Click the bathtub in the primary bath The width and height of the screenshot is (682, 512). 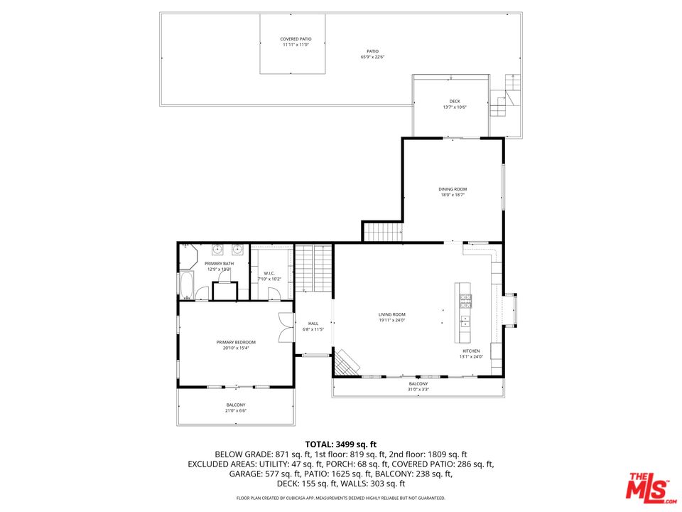click(187, 286)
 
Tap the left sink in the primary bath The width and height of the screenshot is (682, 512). click(218, 250)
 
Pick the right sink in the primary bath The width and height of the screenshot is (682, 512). click(237, 250)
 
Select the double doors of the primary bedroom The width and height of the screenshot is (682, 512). click(286, 328)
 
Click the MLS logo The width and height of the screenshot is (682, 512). click(647, 486)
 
